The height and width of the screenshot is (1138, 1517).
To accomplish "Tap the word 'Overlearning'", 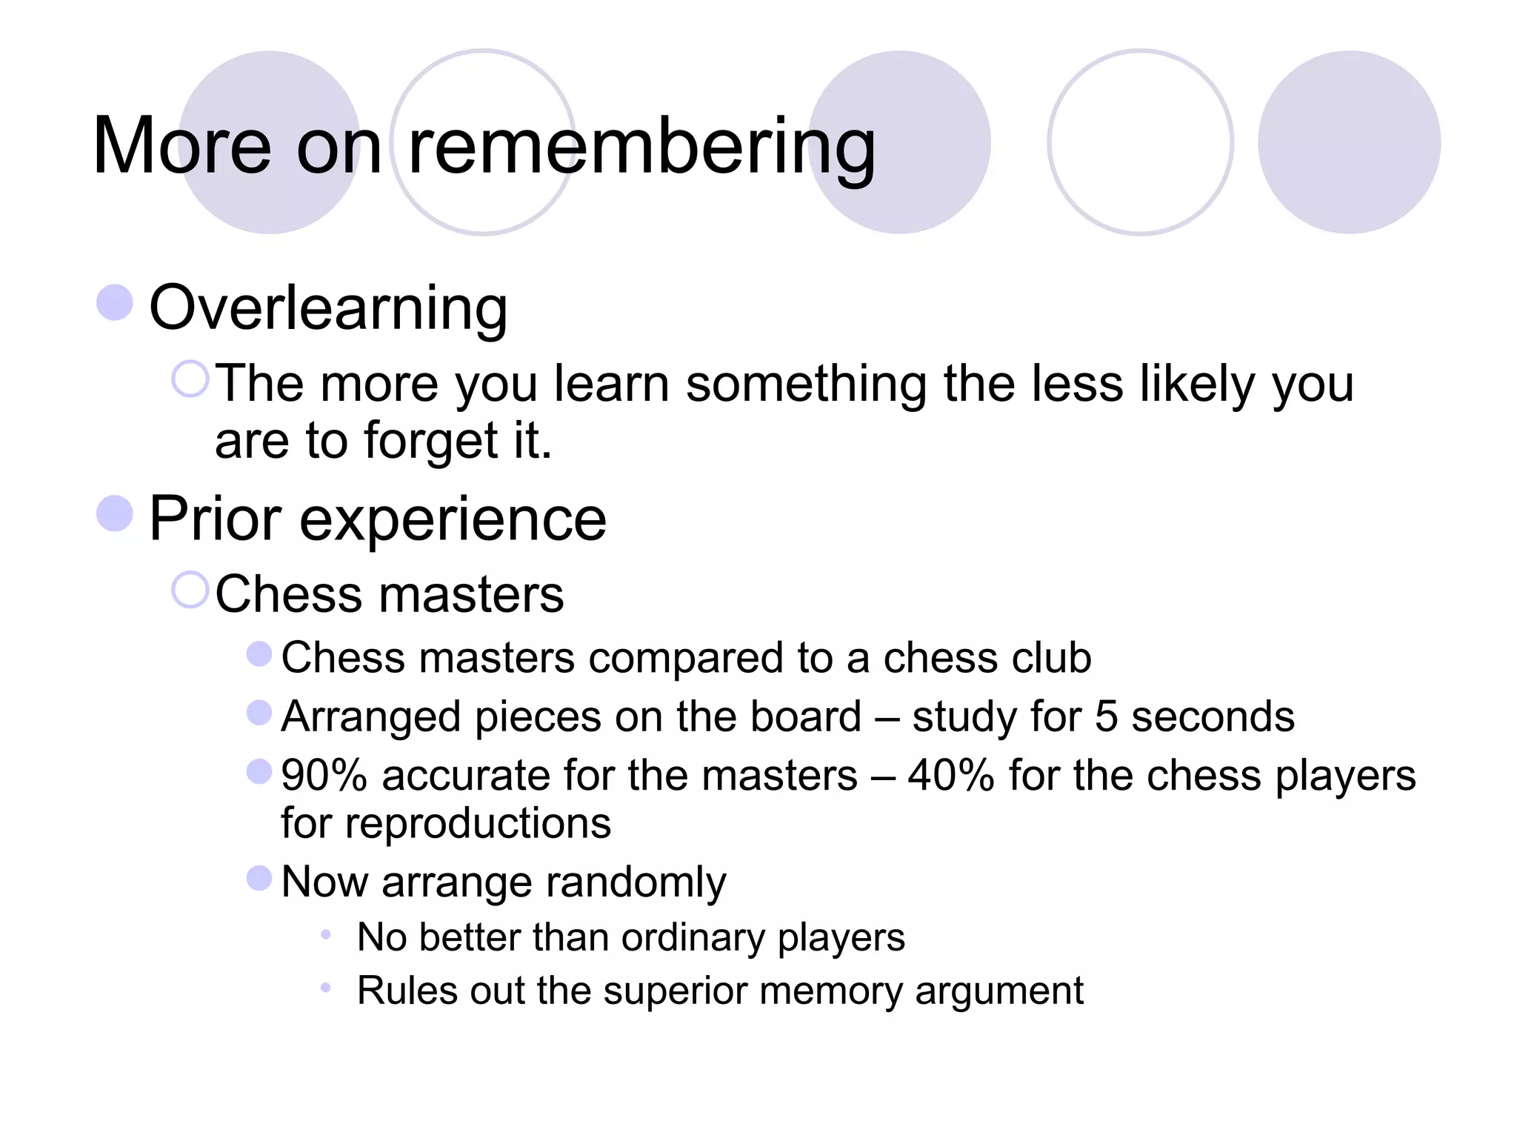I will click(328, 308).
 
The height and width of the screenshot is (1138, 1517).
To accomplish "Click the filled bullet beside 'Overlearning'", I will click(115, 302).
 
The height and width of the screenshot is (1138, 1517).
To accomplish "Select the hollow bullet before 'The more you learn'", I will click(190, 379).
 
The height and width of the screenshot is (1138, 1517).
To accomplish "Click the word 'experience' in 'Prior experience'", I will click(453, 519).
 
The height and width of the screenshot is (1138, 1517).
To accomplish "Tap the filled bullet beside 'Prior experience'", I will click(115, 513).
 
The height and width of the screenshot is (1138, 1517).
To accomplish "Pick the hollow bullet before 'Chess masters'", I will click(190, 590).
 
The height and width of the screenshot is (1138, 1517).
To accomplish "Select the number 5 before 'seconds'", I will click(1106, 717).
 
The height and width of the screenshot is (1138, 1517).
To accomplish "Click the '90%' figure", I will click(324, 776).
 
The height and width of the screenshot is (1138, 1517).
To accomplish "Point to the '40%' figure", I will click(950, 776).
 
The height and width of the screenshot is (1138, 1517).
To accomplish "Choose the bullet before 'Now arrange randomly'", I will click(259, 879).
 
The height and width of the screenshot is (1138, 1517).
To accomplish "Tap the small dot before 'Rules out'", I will click(325, 988).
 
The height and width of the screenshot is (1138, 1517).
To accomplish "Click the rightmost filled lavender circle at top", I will click(1349, 142).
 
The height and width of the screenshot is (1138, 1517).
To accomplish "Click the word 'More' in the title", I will click(182, 147).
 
